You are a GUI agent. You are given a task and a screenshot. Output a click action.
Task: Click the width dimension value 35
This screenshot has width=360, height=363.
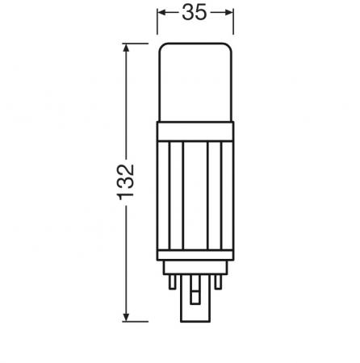[x=195, y=12]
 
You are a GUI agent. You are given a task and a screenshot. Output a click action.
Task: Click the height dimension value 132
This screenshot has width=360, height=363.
[x=125, y=182]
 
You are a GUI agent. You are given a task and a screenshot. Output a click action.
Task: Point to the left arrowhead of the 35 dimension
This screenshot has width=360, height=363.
[x=162, y=12]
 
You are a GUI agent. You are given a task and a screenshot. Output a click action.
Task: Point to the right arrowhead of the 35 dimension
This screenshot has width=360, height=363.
[x=228, y=12]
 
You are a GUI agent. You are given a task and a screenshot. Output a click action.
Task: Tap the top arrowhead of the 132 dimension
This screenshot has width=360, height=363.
[x=126, y=48]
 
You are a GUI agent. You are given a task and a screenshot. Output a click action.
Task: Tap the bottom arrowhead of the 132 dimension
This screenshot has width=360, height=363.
[x=126, y=317]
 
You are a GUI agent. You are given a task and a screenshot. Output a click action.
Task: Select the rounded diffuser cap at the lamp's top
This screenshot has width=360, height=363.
[x=195, y=82]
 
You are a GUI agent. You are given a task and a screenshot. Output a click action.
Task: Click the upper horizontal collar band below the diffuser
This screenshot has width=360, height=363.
[x=195, y=131]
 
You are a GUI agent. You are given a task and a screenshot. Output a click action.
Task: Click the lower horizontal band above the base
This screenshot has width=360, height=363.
[x=195, y=255]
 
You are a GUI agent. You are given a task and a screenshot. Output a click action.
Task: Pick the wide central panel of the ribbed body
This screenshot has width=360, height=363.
[x=195, y=195]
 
